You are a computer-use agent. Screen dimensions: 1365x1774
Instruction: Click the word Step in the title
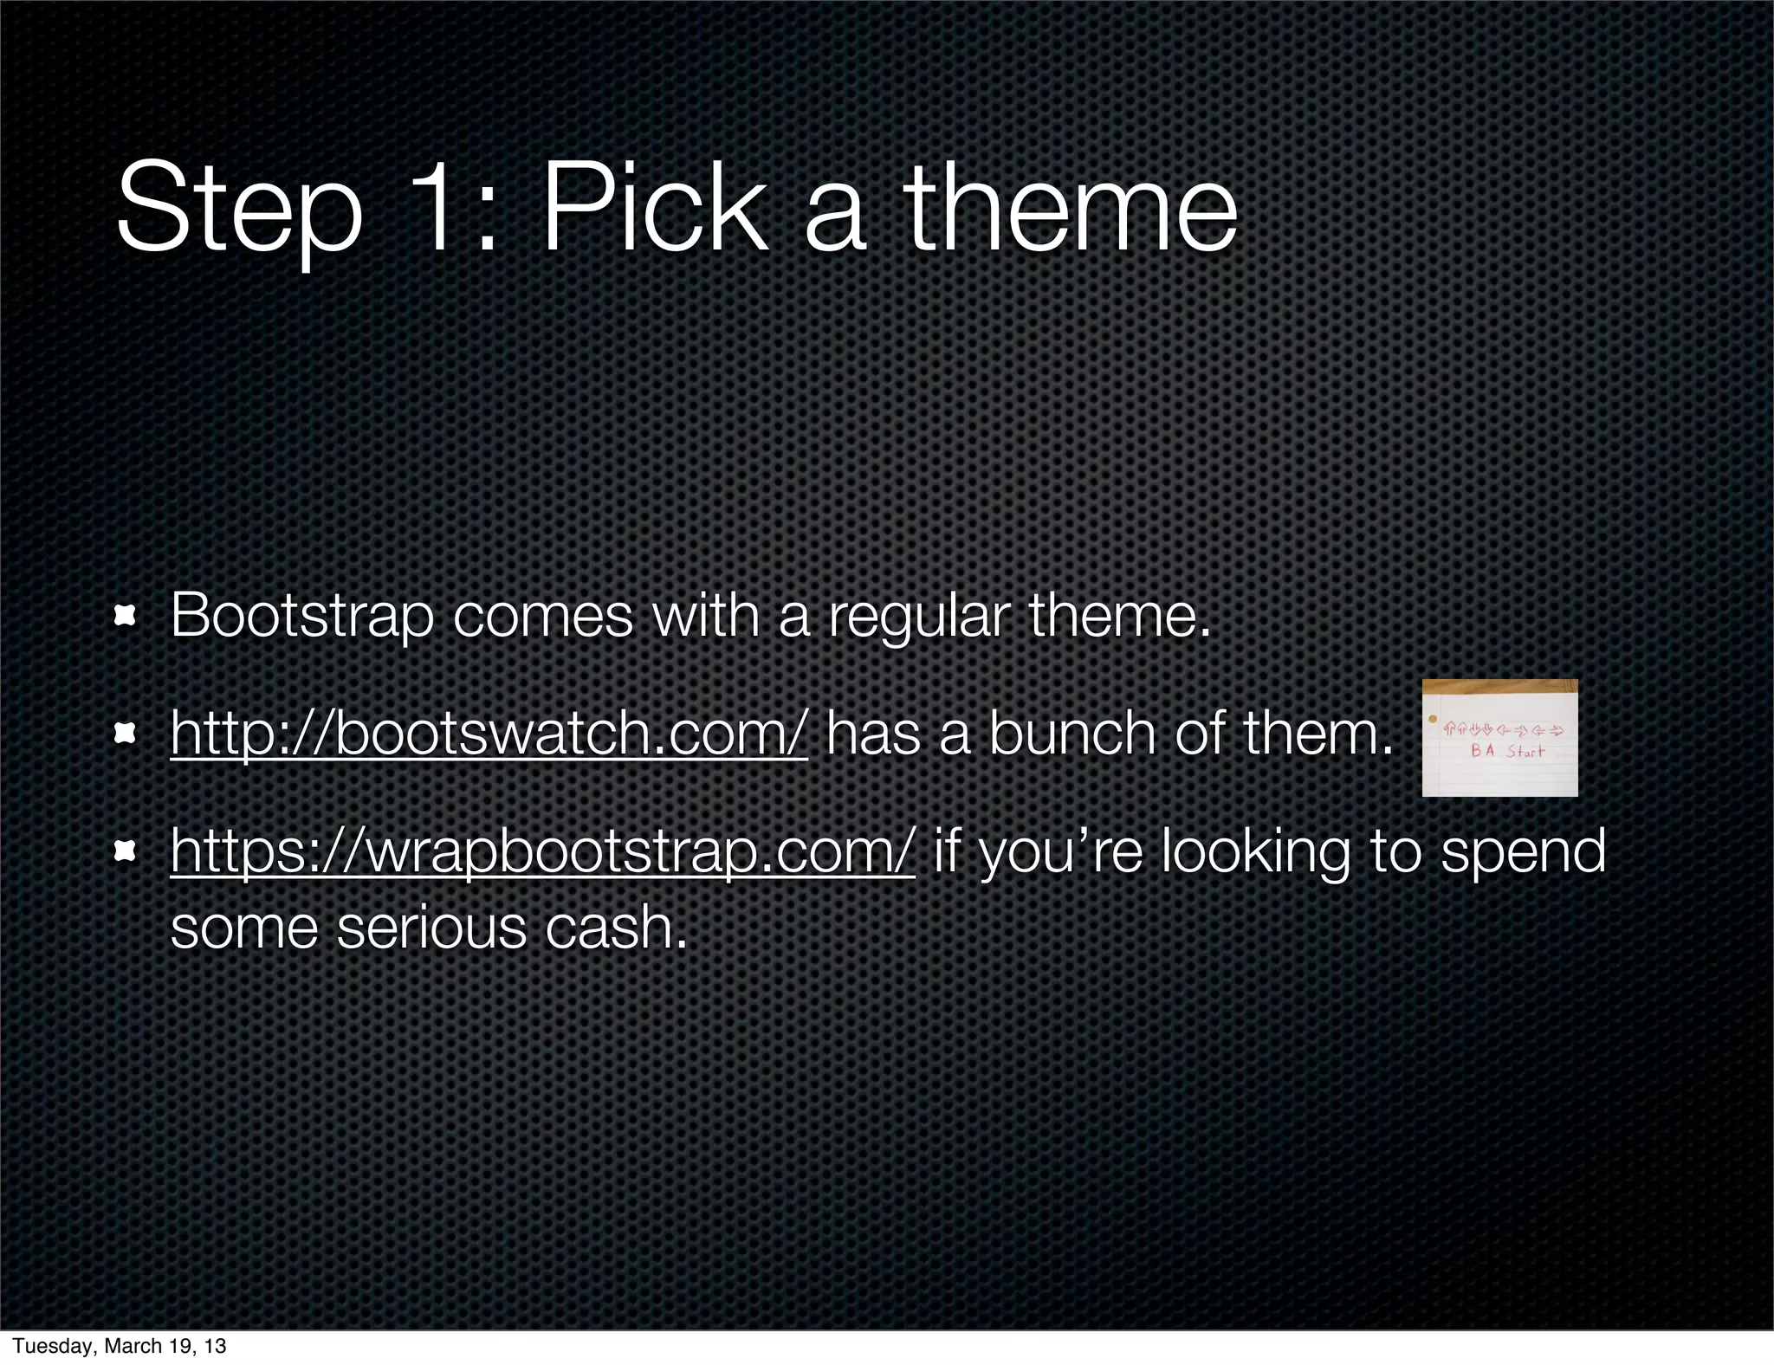tap(239, 210)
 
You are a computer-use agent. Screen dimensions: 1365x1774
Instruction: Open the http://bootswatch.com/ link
tap(489, 734)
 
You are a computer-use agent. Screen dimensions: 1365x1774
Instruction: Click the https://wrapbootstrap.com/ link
tap(542, 851)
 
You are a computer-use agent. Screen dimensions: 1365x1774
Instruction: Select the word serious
tap(431, 928)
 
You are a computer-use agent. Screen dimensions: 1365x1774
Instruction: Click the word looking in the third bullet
tap(1255, 851)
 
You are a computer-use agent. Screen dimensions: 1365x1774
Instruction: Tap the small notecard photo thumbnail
tap(1499, 738)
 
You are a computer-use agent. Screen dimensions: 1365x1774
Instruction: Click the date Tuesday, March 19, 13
tap(120, 1346)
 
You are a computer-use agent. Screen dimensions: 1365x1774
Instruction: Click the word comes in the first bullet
tap(543, 617)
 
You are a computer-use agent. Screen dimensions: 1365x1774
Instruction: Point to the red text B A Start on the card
tap(1507, 751)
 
